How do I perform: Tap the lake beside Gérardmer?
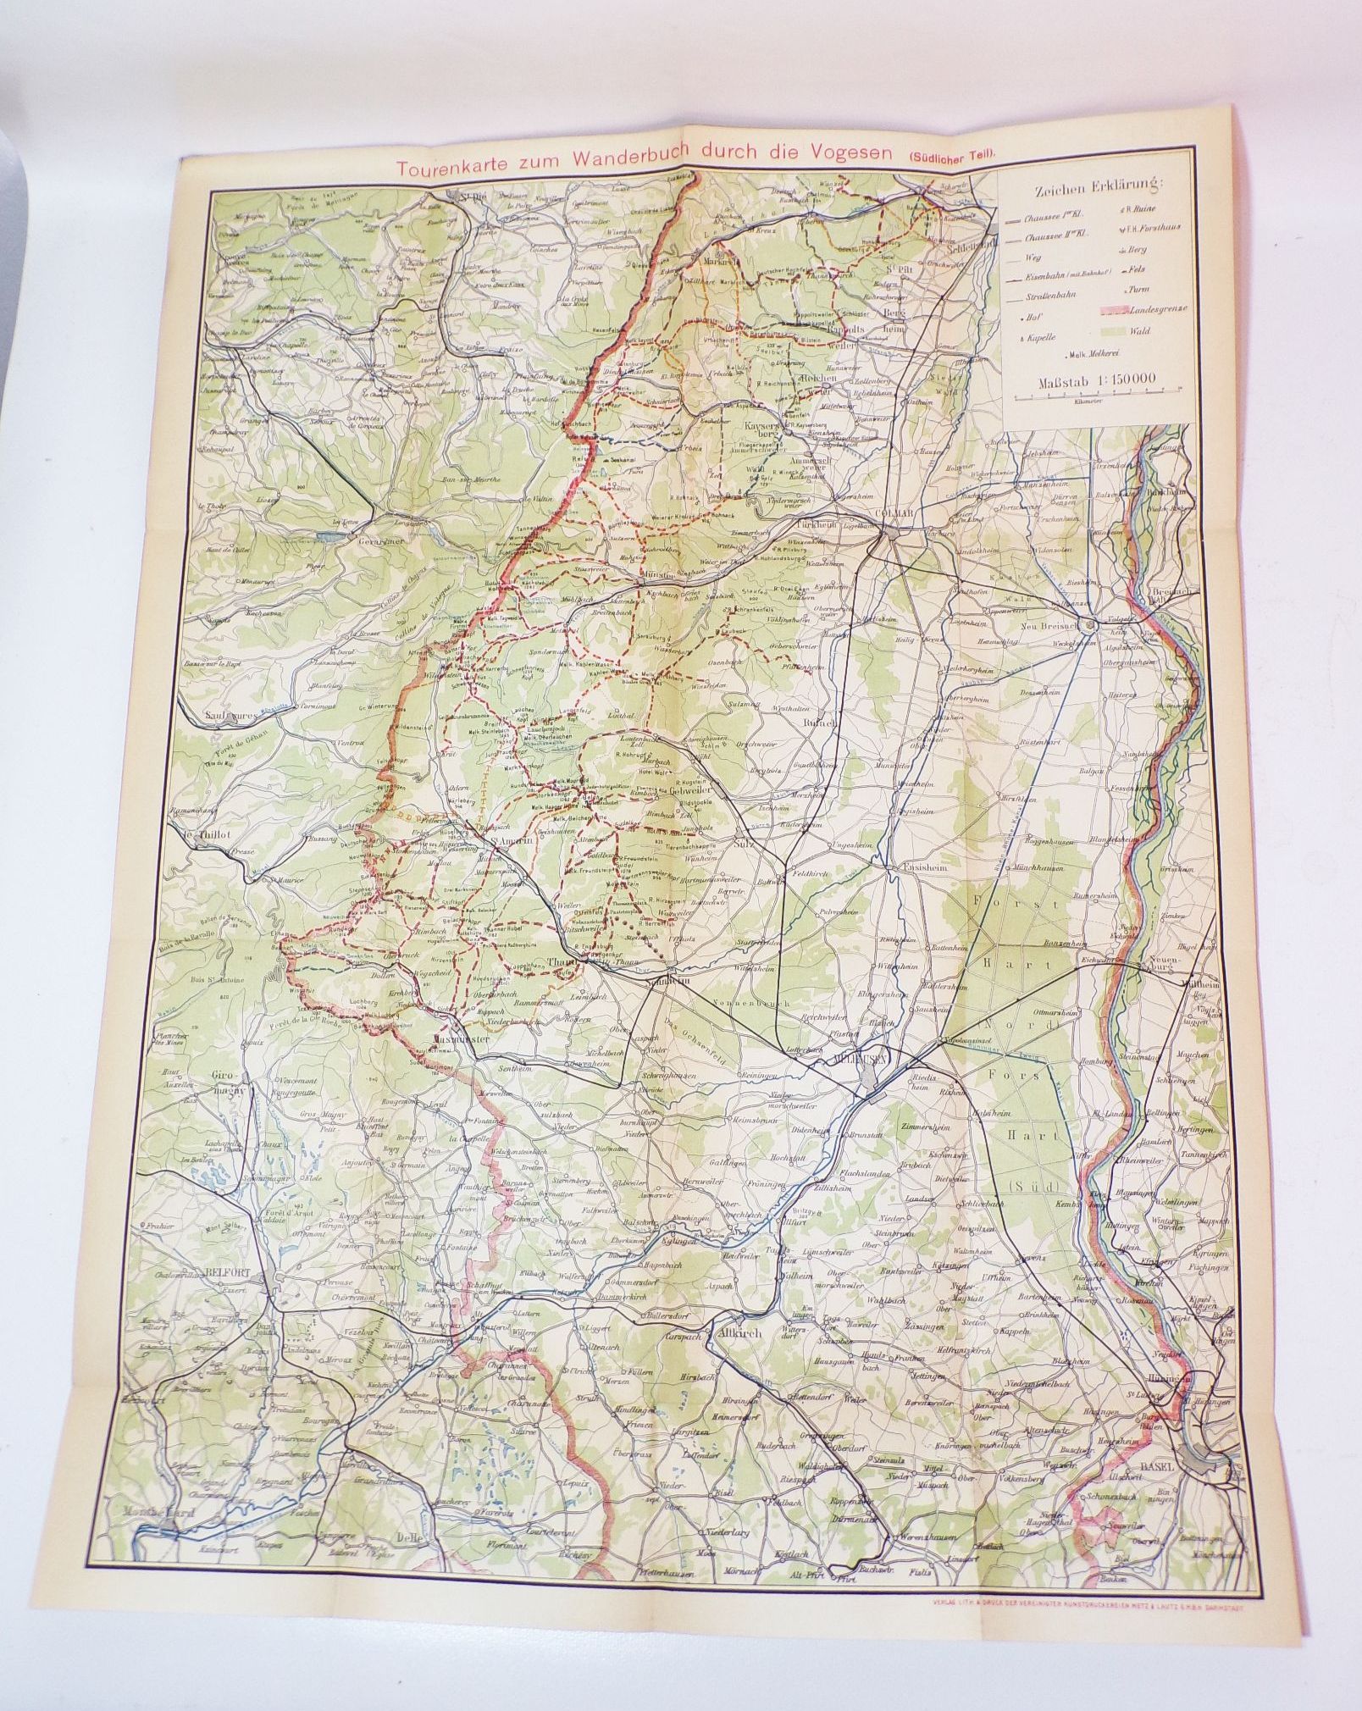[x=332, y=537]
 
